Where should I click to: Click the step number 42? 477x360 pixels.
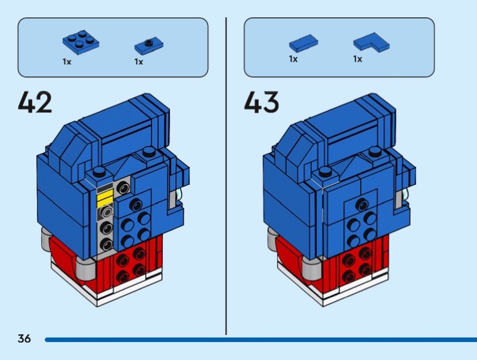click(35, 103)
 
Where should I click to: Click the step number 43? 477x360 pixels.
click(261, 103)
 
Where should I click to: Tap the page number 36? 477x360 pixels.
click(24, 339)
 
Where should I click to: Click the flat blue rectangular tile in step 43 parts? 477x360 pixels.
click(303, 42)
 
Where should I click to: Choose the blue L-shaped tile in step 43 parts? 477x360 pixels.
click(371, 42)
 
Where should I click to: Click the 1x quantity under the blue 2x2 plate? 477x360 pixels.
click(67, 61)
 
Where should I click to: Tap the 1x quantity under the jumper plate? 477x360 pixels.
click(138, 61)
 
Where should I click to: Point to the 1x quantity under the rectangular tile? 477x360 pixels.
click(293, 59)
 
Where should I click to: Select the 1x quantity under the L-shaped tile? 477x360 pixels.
click(358, 59)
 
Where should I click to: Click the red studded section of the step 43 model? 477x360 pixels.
click(357, 265)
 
